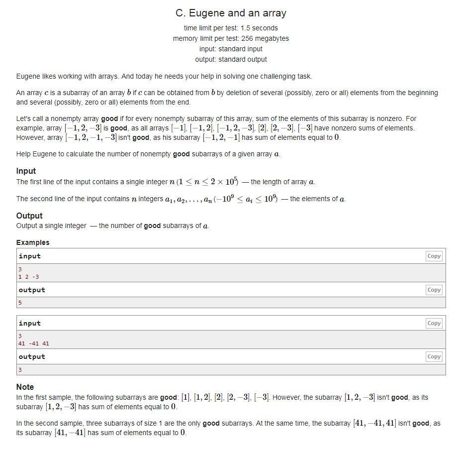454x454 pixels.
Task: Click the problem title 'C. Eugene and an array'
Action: (x=231, y=13)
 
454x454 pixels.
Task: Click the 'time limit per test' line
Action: (x=231, y=28)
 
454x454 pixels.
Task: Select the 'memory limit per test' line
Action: (x=231, y=38)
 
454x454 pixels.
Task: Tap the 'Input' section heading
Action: (x=26, y=171)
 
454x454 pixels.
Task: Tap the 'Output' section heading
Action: (x=29, y=216)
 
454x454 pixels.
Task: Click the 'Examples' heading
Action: (x=33, y=242)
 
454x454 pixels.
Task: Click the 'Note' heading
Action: (x=25, y=387)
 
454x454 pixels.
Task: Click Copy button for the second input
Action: (x=434, y=323)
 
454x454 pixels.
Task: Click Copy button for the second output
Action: (x=434, y=356)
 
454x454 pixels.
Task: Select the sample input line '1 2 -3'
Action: (x=28, y=277)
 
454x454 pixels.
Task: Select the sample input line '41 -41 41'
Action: (x=33, y=343)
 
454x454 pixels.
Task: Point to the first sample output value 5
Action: (x=20, y=302)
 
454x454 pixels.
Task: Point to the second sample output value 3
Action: (x=20, y=369)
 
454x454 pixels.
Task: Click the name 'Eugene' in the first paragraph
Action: (x=28, y=76)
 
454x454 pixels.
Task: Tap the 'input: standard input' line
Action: (x=231, y=49)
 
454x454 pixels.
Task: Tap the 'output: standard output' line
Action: (x=231, y=59)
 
